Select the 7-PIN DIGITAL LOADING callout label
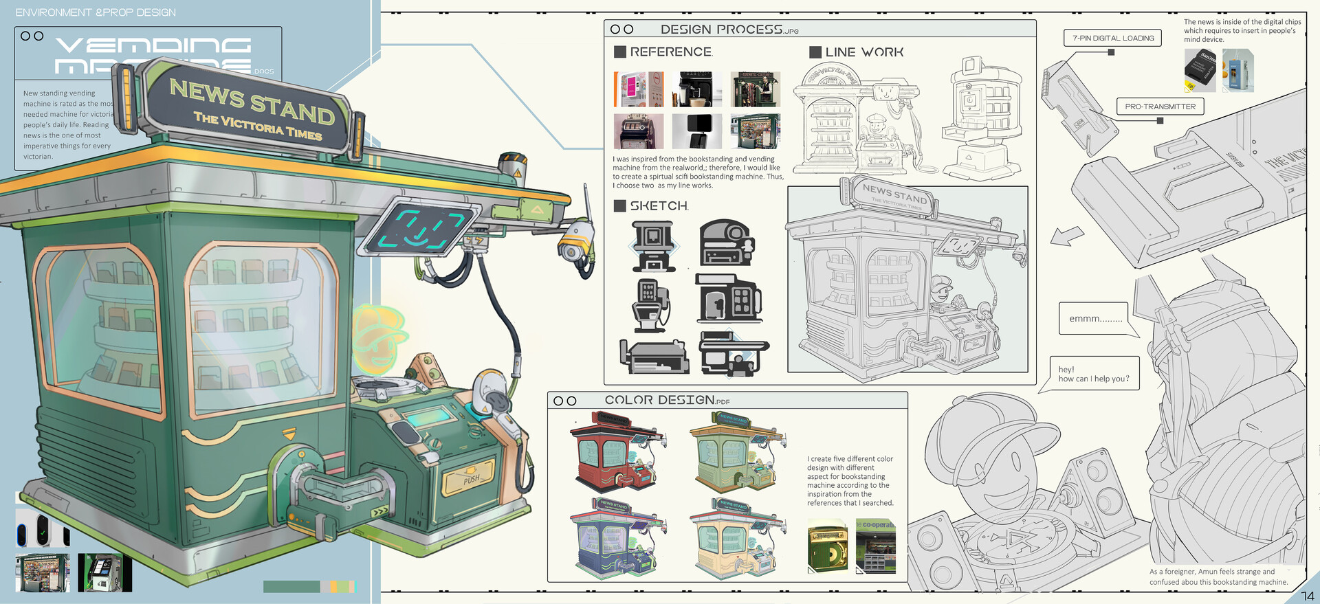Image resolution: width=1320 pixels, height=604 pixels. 1112,38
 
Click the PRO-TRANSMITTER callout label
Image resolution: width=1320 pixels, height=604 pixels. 1160,107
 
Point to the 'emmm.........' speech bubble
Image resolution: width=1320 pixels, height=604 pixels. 1094,319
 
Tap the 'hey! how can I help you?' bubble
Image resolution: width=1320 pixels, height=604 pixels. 1093,374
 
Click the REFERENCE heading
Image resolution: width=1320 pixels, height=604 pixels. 670,52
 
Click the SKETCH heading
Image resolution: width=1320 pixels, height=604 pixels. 658,206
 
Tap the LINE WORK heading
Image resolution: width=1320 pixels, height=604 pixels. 863,52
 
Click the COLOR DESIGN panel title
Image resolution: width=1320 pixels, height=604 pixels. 659,400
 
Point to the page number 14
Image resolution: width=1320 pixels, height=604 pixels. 1307,596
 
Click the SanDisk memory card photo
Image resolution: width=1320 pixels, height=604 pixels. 1200,70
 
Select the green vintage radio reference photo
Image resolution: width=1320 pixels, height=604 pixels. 828,547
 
